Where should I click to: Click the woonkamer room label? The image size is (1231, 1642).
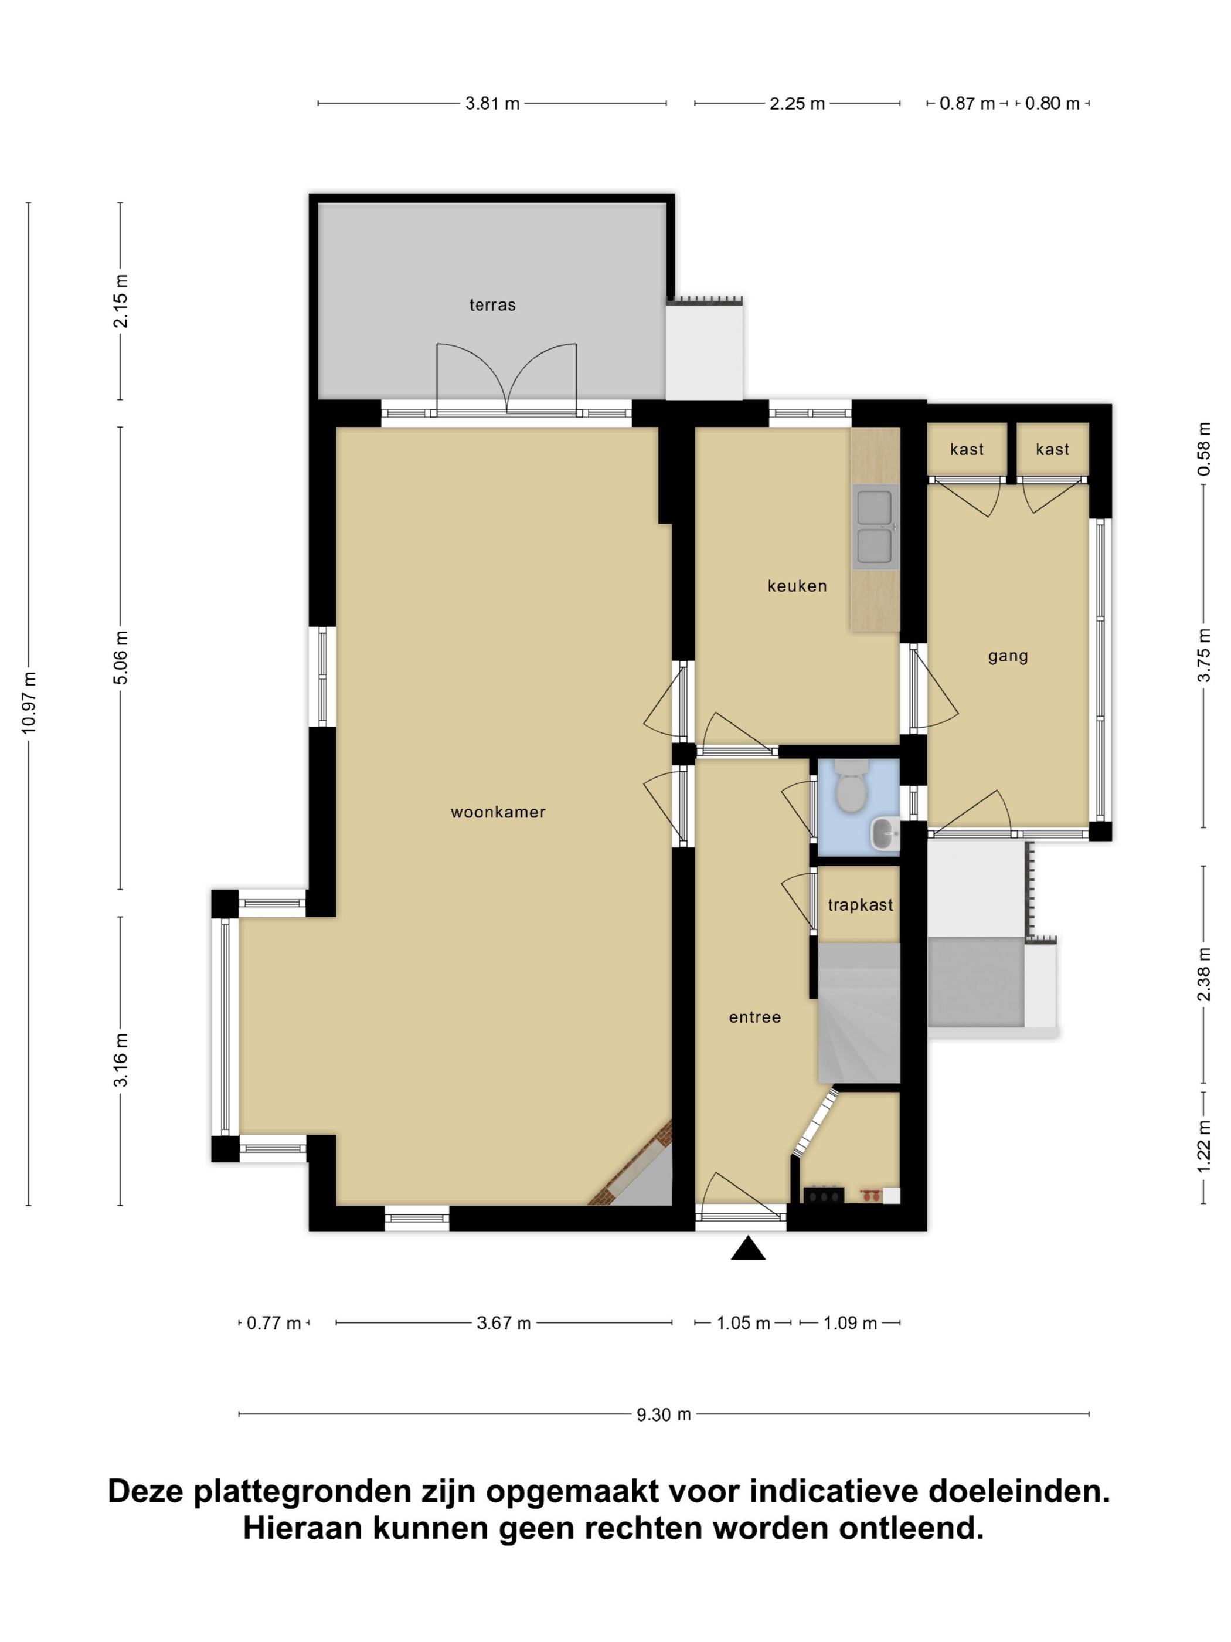tap(498, 812)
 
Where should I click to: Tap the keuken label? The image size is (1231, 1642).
tap(797, 586)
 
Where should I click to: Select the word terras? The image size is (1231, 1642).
tap(492, 304)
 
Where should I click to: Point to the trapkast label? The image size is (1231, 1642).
tap(860, 905)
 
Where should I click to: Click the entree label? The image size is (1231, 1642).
tap(754, 1017)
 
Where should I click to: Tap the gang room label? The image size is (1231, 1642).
tap(1008, 656)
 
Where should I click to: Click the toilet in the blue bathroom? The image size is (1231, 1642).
tap(851, 785)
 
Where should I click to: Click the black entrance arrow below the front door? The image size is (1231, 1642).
tap(748, 1248)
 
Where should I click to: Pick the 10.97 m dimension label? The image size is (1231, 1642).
tap(29, 702)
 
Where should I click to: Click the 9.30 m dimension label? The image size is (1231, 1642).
tap(664, 1415)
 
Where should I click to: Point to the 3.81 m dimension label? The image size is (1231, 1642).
tap(492, 104)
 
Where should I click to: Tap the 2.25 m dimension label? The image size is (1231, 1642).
tap(797, 104)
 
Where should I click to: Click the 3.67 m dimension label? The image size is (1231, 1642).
tap(504, 1323)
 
